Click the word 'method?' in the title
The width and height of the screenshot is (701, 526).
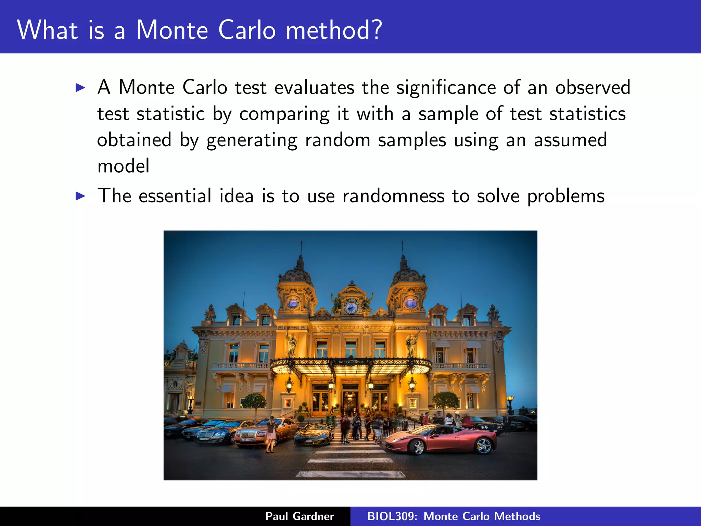point(334,30)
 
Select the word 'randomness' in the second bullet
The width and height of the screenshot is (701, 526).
point(393,196)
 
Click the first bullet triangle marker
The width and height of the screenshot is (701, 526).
point(80,88)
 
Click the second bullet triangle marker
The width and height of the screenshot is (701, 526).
point(80,196)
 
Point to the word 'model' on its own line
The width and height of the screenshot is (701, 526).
point(123,166)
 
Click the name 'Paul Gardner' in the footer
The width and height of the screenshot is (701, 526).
point(299,516)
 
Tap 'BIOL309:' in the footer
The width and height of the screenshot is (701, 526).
point(392,516)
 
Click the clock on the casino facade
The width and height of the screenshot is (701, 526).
point(351,307)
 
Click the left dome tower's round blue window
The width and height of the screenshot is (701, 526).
point(293,303)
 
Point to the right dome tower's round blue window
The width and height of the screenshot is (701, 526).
point(410,303)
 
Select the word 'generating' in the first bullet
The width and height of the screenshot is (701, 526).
point(252,140)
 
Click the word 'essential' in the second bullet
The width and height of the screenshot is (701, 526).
point(175,196)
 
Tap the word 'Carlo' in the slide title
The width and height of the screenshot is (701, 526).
point(247,30)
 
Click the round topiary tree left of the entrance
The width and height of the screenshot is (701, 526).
point(254,401)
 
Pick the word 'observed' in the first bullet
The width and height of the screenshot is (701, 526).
point(592,88)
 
